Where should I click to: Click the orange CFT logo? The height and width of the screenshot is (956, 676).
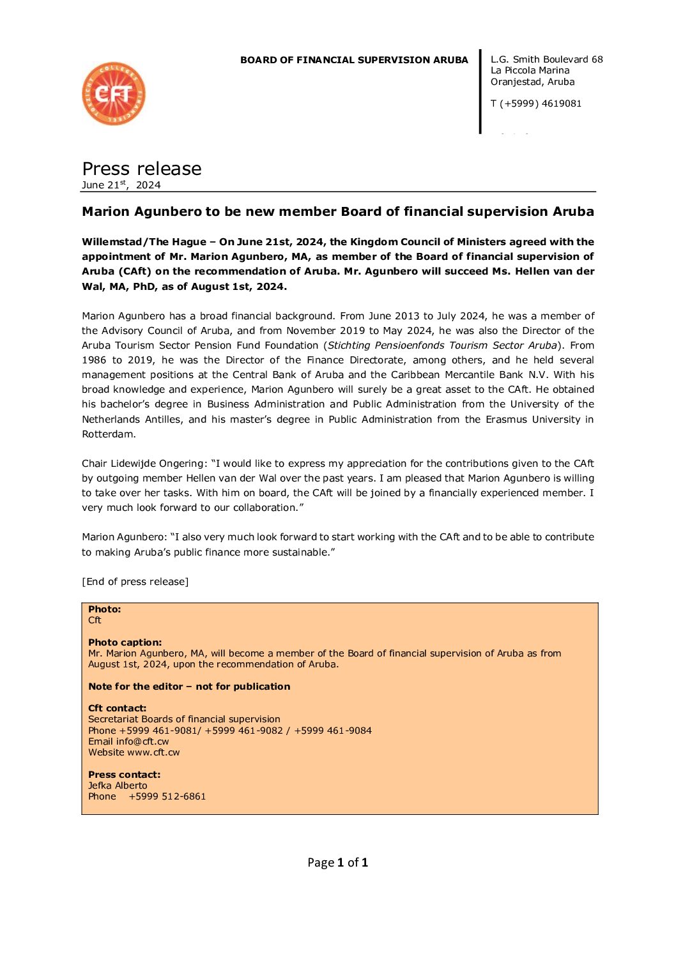pos(114,94)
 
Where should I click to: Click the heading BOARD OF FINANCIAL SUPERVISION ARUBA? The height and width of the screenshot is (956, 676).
pos(354,60)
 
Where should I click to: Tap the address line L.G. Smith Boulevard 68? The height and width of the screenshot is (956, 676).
pos(546,59)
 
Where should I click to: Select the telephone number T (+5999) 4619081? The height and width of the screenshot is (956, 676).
pos(535,103)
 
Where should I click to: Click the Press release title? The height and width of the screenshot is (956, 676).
pos(142,169)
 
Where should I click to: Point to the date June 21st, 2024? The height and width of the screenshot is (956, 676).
pos(121,185)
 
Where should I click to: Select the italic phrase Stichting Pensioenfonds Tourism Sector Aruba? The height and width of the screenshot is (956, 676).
pos(442,345)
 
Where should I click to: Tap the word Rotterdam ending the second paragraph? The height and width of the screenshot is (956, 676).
pos(109,434)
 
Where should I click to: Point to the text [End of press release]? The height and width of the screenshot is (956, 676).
pos(135,582)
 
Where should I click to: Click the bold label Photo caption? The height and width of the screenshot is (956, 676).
pos(125,642)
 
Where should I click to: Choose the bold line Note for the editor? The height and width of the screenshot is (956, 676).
pos(189,687)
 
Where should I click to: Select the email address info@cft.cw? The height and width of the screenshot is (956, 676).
pos(142,741)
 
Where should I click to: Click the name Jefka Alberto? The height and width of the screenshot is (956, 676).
pos(118,785)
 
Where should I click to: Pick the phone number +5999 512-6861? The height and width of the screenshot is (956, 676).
pos(167,796)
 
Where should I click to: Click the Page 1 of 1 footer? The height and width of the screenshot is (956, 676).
pos(337,863)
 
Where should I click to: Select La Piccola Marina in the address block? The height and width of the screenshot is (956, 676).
pos(530,70)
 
